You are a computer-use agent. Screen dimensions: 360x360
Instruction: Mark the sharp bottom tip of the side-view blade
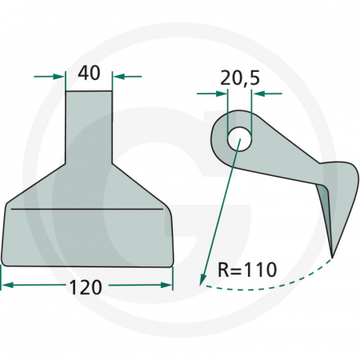coord(331,256)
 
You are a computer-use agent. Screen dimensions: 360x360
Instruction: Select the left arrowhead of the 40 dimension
coord(58,77)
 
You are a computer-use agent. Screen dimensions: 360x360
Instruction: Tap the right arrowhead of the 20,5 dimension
coord(258,94)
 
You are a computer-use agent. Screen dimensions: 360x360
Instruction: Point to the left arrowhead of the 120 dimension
coord(7,284)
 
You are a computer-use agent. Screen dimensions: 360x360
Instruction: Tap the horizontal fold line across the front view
coord(88,209)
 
